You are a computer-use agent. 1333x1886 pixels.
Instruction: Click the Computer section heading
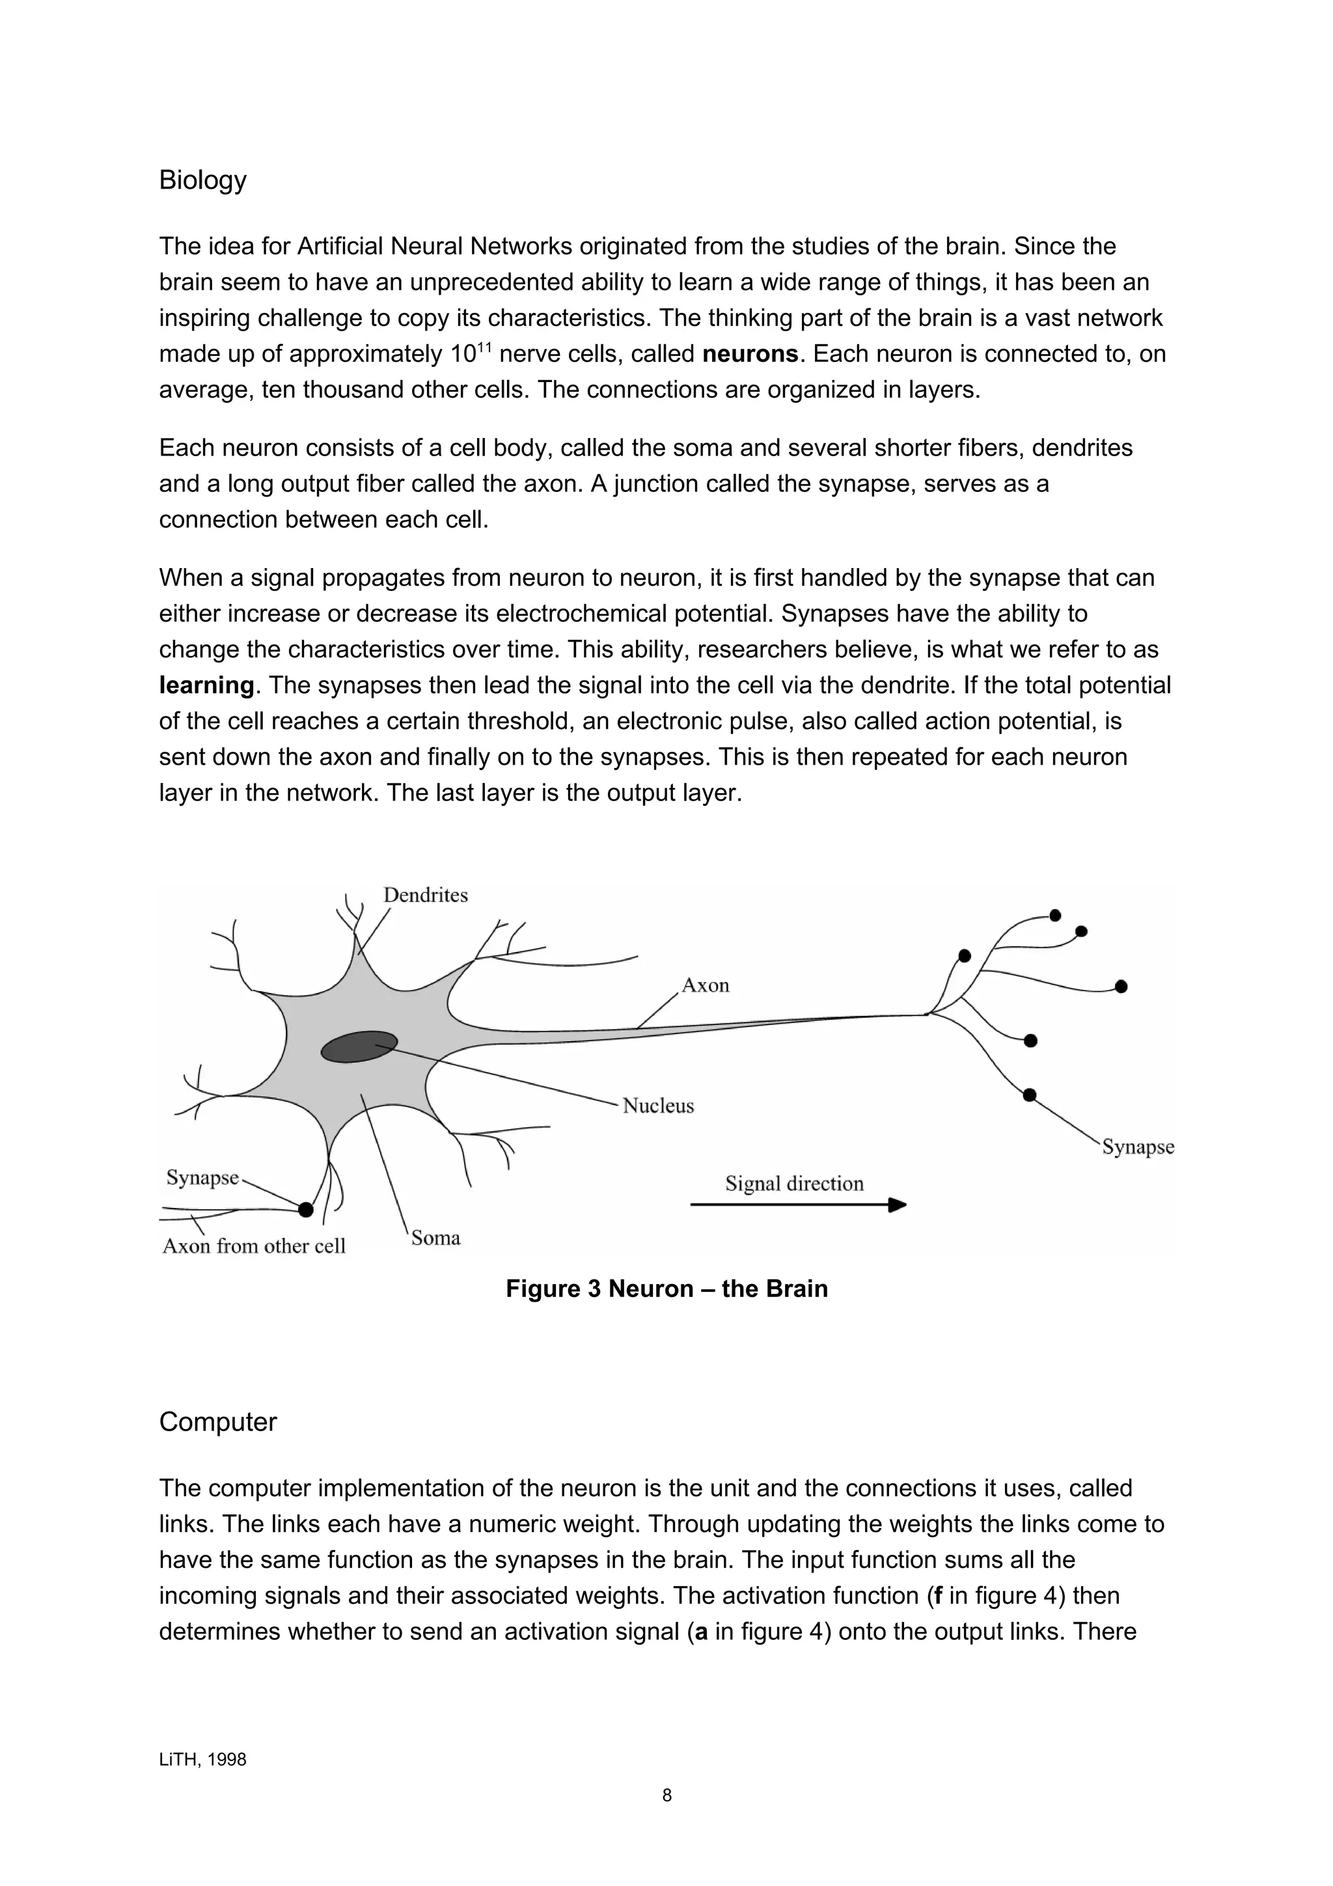[217, 1422]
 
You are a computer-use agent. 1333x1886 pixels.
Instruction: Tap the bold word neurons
[750, 354]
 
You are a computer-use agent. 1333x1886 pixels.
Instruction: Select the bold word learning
[206, 685]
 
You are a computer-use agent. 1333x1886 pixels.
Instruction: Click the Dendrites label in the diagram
[426, 895]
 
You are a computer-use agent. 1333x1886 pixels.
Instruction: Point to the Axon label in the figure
[706, 986]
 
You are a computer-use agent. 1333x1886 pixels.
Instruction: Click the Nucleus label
[658, 1106]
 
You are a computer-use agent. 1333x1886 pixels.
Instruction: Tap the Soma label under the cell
[435, 1238]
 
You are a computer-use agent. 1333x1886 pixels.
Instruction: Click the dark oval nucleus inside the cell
[359, 1046]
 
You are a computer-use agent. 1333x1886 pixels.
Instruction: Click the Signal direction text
[794, 1184]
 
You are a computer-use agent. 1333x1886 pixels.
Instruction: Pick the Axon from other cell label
[254, 1246]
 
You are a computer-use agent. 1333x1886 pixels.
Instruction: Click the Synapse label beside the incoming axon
[202, 1178]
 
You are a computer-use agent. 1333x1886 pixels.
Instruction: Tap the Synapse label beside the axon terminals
[1138, 1147]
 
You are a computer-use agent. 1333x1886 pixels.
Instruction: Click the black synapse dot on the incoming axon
[305, 1209]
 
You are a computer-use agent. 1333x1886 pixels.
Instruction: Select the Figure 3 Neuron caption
[666, 1288]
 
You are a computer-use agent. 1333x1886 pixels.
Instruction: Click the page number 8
[666, 1796]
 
